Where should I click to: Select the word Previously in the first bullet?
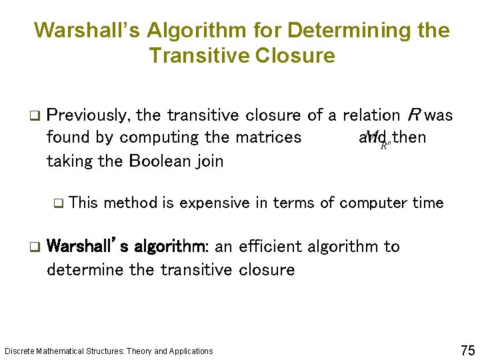(x=89, y=116)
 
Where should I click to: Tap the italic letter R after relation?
(x=413, y=115)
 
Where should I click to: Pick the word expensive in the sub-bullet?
(x=215, y=203)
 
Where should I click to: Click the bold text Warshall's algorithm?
(x=129, y=247)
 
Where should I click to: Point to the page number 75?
(x=467, y=350)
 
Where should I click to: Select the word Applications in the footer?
(x=191, y=351)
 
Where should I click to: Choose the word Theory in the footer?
(x=139, y=351)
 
